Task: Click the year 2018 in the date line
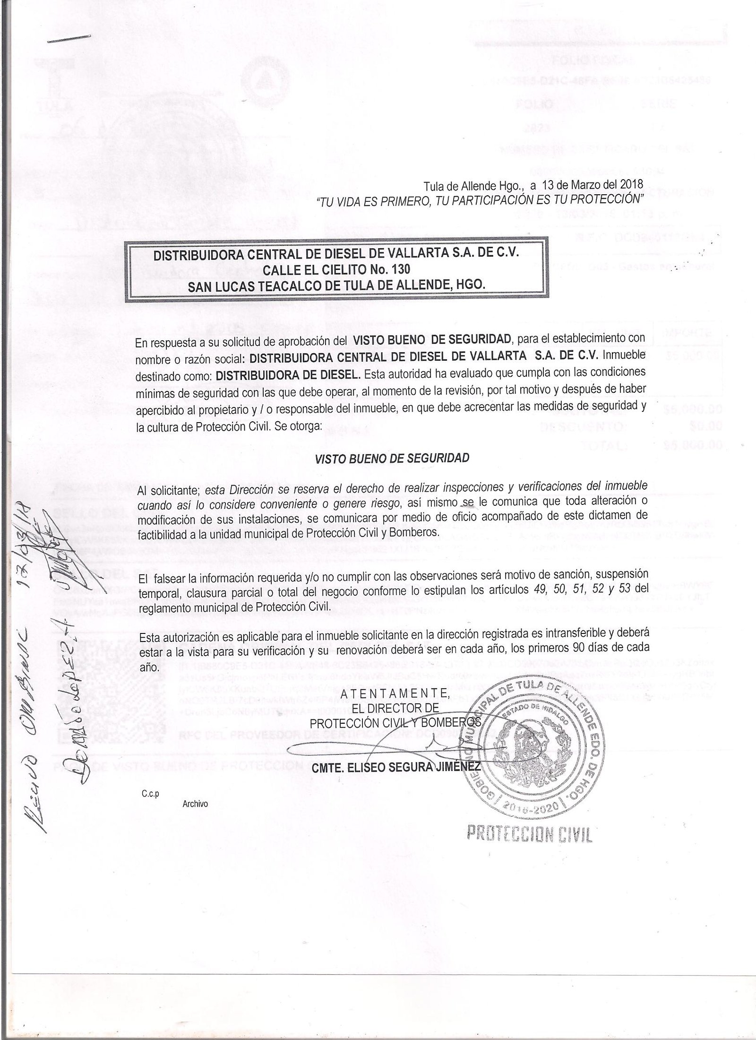(x=632, y=183)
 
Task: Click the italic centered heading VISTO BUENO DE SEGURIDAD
(x=392, y=458)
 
